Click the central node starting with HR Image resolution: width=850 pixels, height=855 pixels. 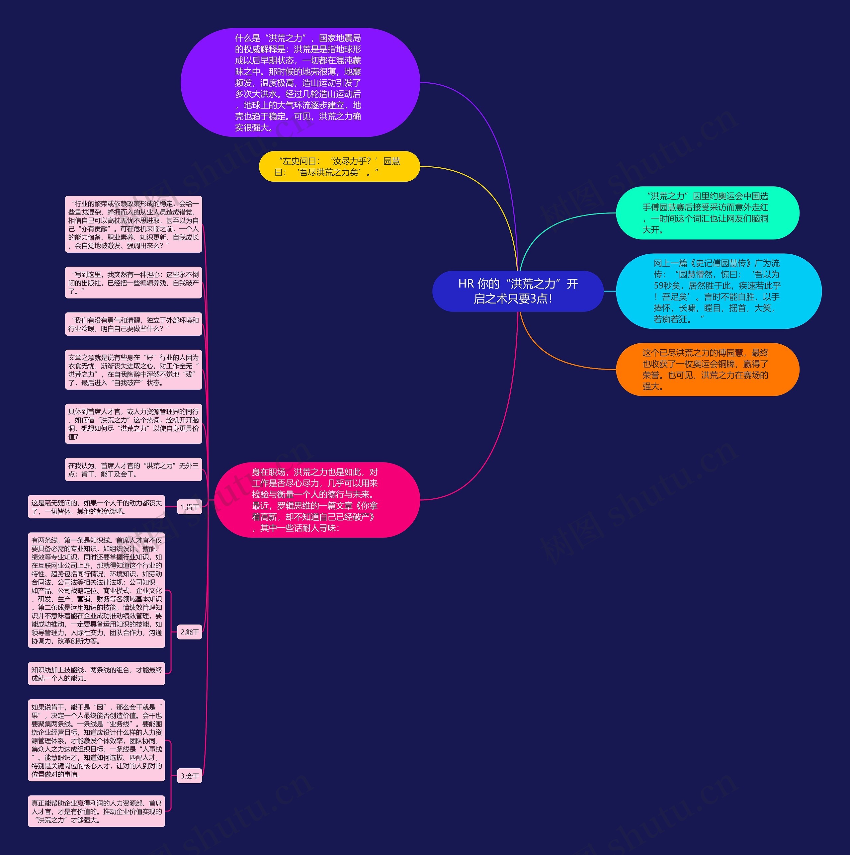pos(517,291)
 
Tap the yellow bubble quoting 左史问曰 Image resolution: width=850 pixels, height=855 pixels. pos(339,166)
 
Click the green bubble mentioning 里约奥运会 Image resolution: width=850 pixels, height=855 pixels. pos(707,213)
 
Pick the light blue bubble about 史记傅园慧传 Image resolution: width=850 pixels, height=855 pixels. pos(718,291)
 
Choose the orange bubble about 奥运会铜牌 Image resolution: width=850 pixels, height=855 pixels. pos(707,370)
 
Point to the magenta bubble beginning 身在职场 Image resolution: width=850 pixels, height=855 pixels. pos(316,500)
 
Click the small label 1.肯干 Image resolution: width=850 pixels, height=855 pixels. pos(189,507)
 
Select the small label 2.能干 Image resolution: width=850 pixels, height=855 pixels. pos(189,632)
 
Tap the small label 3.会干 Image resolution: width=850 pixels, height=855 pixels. pos(189,776)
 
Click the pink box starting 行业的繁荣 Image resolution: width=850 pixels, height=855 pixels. pos(133,224)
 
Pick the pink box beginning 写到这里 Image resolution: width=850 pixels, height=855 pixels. pos(133,283)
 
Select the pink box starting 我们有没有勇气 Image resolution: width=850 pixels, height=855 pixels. pos(133,324)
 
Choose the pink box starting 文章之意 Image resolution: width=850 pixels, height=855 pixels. pos(133,370)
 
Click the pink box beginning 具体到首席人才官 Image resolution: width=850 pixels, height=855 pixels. pos(133,424)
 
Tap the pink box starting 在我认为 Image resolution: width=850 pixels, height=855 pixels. pos(133,470)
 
